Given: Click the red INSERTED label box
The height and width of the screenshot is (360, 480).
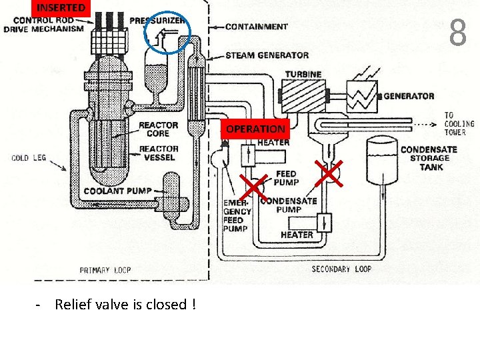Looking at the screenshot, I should click(x=60, y=8).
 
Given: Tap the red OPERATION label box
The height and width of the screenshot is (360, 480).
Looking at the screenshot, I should click(x=255, y=129).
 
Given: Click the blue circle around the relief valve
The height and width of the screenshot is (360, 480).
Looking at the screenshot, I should click(x=167, y=33).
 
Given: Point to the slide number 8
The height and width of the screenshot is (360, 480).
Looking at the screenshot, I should click(x=457, y=33).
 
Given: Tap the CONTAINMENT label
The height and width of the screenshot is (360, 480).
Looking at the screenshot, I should click(x=257, y=27).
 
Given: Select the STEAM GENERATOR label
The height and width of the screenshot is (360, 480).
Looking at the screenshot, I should click(x=267, y=55).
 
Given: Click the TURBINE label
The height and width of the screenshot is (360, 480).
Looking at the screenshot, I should click(x=303, y=74).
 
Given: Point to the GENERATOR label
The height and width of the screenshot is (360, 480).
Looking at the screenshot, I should click(x=409, y=96).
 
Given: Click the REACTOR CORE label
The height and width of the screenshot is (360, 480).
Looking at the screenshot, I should click(x=159, y=129).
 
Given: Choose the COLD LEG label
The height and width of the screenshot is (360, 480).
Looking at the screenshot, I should click(x=29, y=158).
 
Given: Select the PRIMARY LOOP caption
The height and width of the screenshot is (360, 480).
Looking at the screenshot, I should click(x=105, y=270).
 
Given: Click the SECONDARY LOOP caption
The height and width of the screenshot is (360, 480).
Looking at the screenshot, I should click(x=341, y=269).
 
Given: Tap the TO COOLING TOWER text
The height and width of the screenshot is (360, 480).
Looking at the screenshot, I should click(x=459, y=124).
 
